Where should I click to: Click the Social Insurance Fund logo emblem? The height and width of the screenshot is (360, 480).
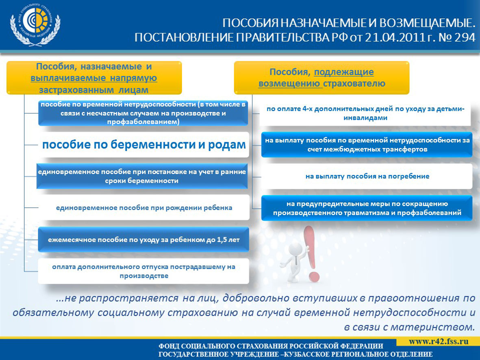tap(35, 25)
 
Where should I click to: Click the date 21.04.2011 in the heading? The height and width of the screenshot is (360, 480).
tap(392, 38)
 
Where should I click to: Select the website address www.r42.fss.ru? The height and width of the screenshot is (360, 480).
tap(439, 341)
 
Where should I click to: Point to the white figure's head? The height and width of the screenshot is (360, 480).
tap(295, 249)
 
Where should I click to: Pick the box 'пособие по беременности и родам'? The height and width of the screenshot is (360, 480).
tap(144, 145)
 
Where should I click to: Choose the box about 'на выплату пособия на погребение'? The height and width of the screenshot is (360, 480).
tap(367, 176)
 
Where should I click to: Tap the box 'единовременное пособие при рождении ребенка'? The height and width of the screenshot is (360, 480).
tap(144, 208)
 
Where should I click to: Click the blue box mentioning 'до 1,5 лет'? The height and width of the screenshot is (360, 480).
tap(143, 240)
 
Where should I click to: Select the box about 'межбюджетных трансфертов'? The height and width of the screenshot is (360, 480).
tap(367, 145)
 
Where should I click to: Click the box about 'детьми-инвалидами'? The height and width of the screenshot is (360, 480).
tap(365, 113)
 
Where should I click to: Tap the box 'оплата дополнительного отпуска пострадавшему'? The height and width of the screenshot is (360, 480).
tap(143, 271)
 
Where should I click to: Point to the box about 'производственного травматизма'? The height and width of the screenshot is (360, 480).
tap(367, 208)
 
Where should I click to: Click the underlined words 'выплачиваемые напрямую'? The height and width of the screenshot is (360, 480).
tap(93, 78)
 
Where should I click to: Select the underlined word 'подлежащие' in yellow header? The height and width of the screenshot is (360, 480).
tap(344, 72)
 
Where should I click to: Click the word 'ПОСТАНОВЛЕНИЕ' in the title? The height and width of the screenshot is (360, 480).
tap(184, 38)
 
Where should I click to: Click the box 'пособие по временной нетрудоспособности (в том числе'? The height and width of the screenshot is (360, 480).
tap(143, 113)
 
